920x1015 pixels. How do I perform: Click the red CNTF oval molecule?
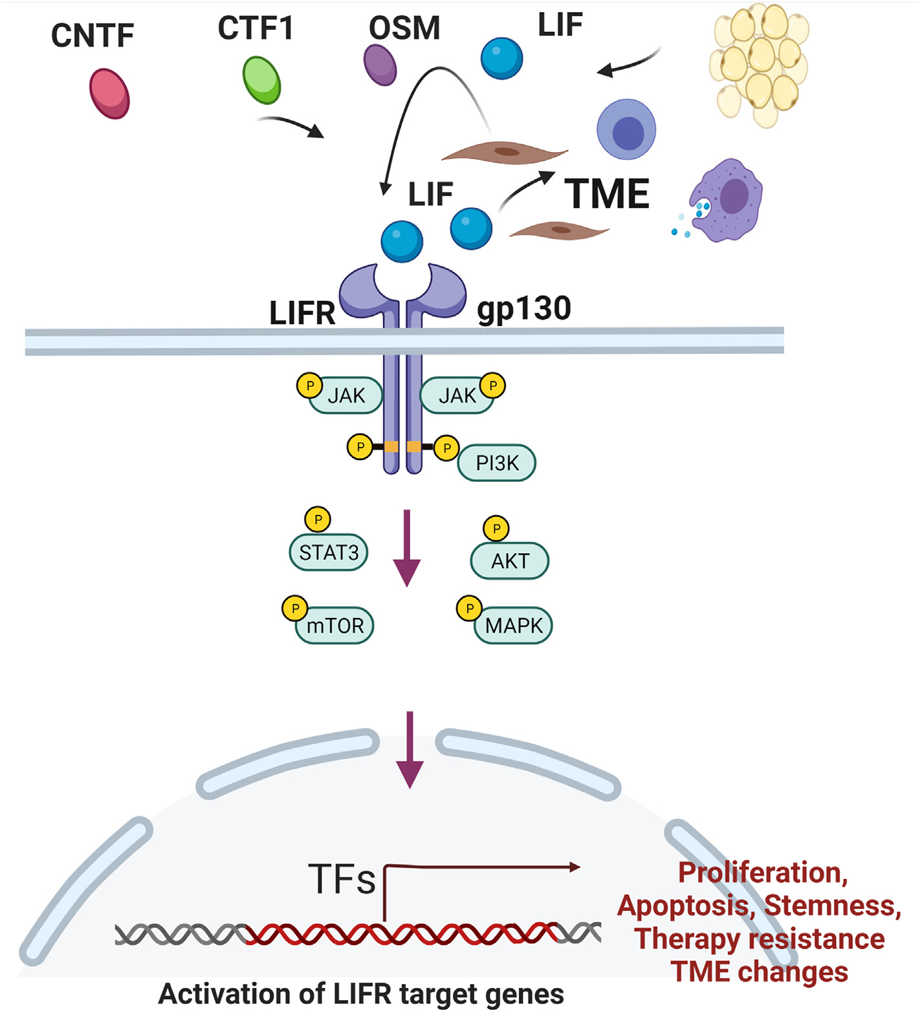(109, 94)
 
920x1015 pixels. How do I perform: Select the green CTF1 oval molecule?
(261, 80)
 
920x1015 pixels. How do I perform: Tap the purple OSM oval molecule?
(380, 65)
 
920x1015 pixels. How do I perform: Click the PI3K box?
(497, 463)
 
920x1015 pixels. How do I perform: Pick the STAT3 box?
(329, 552)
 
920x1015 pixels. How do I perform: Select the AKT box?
(510, 561)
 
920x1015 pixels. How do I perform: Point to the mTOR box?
(335, 626)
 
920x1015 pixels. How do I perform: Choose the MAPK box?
(514, 626)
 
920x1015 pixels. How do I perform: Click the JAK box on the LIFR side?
(346, 395)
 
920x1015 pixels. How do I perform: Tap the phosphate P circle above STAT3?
(318, 519)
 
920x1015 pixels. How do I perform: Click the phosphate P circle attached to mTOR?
(295, 609)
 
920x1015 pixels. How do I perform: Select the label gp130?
(524, 308)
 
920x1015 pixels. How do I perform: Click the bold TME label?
(607, 194)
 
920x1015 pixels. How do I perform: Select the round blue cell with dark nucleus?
(626, 130)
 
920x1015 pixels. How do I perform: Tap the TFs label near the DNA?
(342, 880)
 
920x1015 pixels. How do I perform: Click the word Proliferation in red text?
(762, 873)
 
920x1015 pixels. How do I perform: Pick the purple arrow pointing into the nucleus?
(410, 750)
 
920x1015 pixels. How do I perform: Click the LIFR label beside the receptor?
(302, 313)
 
